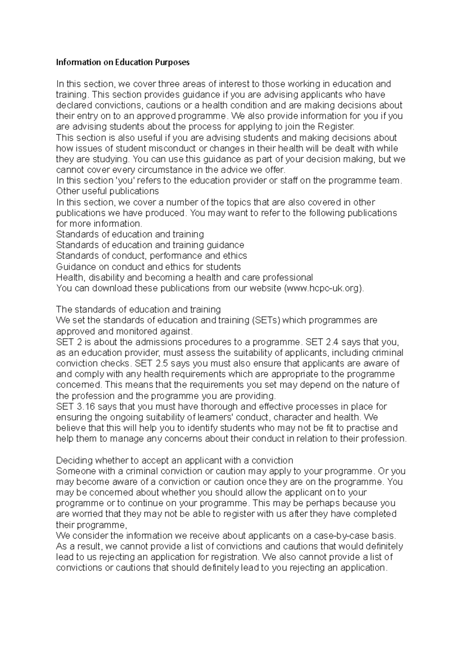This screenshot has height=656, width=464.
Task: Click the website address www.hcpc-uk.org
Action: [324, 288]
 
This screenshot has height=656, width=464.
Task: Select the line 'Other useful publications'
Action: [107, 191]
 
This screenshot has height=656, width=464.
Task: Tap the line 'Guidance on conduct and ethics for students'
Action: [148, 267]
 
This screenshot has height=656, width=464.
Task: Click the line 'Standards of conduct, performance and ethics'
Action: [152, 256]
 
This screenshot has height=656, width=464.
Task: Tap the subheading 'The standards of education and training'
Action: [138, 309]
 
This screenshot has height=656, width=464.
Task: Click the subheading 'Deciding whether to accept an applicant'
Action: [175, 461]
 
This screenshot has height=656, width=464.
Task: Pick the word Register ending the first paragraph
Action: [335, 127]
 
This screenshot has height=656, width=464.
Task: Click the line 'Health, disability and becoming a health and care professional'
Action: [184, 277]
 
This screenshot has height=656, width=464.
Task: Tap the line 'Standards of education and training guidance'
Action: [150, 245]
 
